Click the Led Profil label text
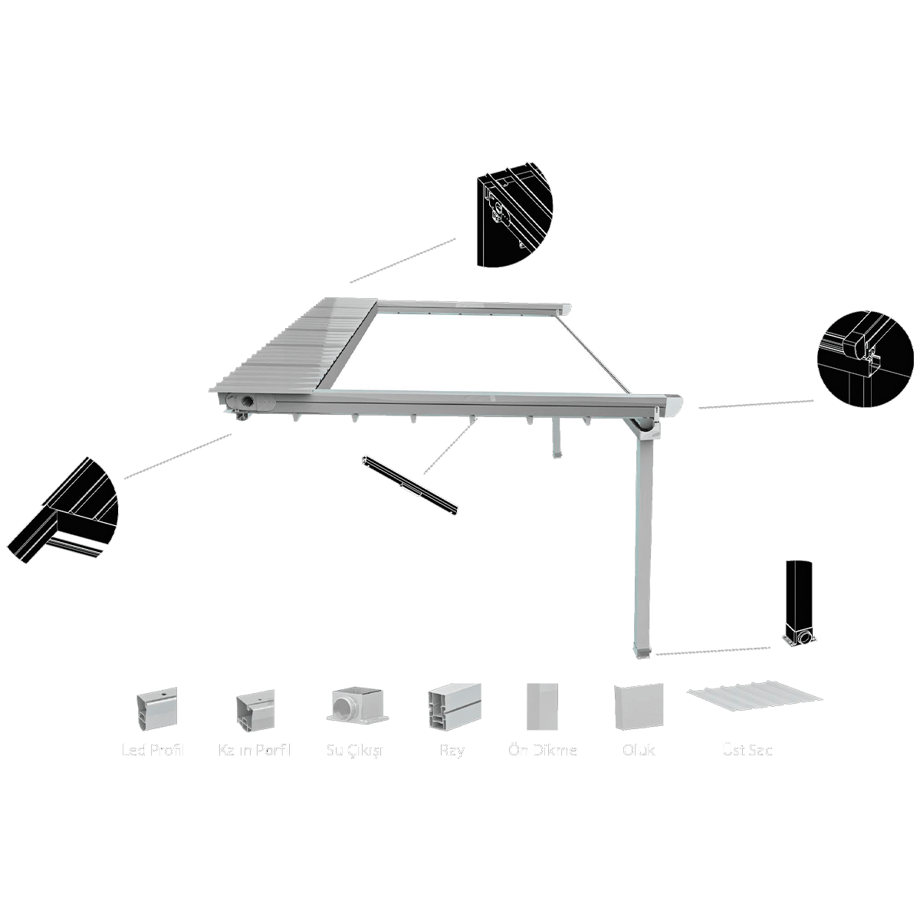click(153, 750)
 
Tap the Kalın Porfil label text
click(255, 750)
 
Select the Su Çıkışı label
click(355, 750)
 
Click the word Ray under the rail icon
click(452, 750)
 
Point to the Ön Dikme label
click(543, 750)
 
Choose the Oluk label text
click(639, 750)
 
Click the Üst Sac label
click(747, 750)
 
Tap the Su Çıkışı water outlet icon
click(357, 704)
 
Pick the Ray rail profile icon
click(454, 705)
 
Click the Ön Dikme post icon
click(542, 706)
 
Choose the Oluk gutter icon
click(639, 706)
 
